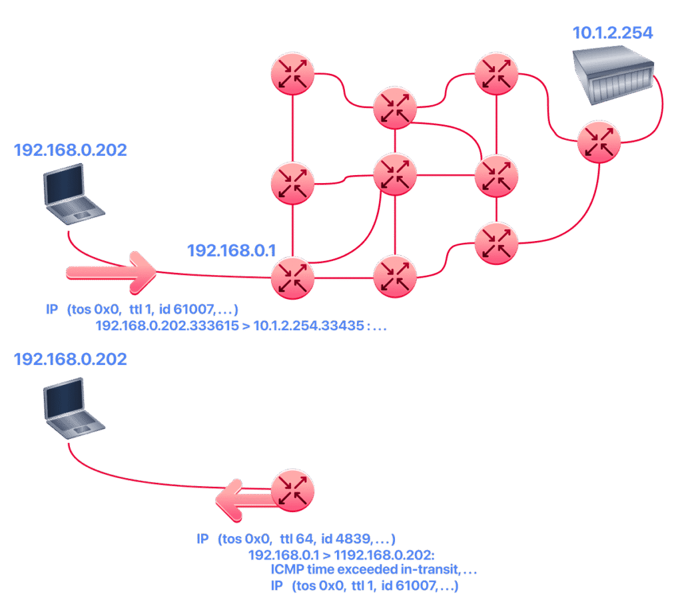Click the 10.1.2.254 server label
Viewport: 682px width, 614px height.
[x=613, y=33]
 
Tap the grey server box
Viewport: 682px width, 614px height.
[x=613, y=76]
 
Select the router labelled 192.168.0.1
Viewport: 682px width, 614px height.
[x=292, y=278]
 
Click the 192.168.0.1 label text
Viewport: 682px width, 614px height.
[x=231, y=250]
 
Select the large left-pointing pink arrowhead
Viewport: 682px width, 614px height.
[x=230, y=500]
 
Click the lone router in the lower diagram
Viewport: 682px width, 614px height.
[x=292, y=491]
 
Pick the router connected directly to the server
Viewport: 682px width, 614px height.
[x=599, y=142]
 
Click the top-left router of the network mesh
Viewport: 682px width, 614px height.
[x=292, y=73]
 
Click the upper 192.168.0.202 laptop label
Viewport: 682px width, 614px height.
[x=70, y=150]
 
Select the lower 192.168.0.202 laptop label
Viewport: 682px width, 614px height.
[x=70, y=359]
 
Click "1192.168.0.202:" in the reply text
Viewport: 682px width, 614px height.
[x=384, y=555]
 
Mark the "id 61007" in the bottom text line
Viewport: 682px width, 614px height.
[x=409, y=586]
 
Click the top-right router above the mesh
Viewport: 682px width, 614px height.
[x=496, y=73]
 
